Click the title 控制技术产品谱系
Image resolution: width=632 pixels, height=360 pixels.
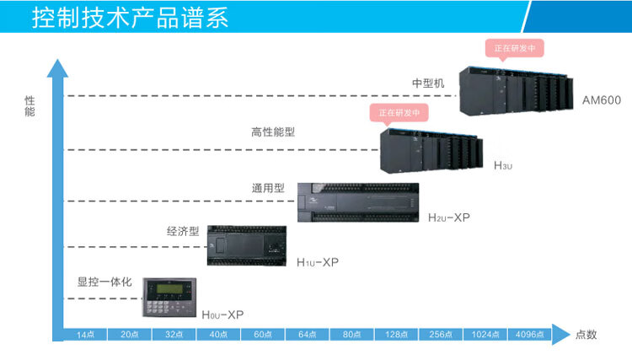point(130,18)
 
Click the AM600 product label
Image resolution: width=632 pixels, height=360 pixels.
point(601,100)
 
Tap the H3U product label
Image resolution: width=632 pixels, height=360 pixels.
point(502,166)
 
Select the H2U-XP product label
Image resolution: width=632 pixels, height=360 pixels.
point(448,218)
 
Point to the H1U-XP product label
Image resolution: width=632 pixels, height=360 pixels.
point(317,262)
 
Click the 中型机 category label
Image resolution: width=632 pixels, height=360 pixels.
point(427,83)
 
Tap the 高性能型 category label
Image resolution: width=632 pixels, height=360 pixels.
point(273,132)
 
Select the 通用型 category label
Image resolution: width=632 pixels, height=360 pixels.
point(269,187)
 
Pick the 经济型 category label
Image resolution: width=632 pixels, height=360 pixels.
point(182,230)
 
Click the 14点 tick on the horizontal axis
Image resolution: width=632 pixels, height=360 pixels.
point(85,335)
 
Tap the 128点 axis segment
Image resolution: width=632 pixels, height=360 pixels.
point(396,335)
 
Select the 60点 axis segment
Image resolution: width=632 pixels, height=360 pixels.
point(263,335)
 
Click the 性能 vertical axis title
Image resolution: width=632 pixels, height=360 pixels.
point(30,106)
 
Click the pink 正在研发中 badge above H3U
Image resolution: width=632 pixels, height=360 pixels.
point(399,112)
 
